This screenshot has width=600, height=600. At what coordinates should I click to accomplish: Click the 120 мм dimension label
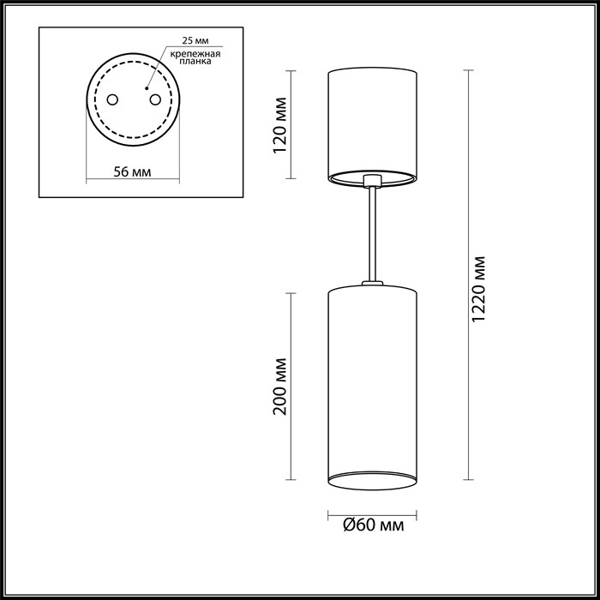pos(278,125)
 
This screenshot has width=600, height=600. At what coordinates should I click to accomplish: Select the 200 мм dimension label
pos(278,385)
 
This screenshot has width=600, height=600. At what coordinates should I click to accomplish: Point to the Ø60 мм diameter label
pos(373,525)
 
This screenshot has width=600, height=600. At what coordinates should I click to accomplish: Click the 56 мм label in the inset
pos(133,171)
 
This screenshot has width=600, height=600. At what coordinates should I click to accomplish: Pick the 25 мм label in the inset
pos(195,41)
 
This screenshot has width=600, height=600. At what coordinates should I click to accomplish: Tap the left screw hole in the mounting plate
pos(112,100)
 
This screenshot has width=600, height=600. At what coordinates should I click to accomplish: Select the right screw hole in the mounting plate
pos(156,100)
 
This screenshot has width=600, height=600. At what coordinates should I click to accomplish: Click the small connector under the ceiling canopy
pos(372,181)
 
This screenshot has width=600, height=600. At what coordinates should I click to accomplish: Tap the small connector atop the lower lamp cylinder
pos(372,284)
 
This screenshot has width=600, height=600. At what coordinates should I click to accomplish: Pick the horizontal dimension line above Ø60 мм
pos(372,514)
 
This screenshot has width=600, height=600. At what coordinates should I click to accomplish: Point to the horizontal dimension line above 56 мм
pos(133,182)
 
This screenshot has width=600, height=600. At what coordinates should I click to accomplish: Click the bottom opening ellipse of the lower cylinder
pos(372,477)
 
